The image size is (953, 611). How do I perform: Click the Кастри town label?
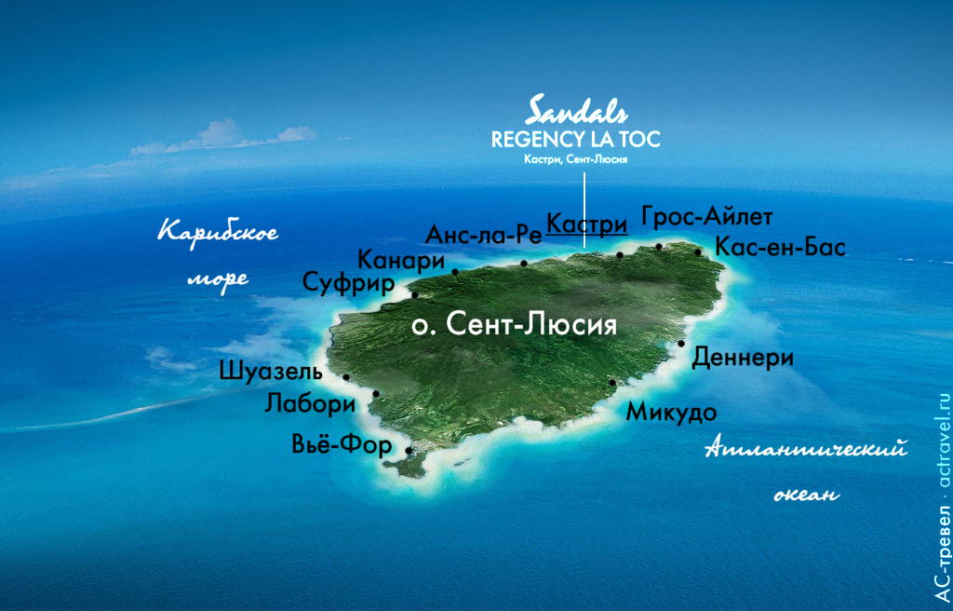pyautogui.click(x=586, y=224)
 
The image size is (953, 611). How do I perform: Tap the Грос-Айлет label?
pyautogui.click(x=707, y=217)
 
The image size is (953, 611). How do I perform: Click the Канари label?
pyautogui.click(x=400, y=261)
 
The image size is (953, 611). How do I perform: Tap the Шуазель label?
pyautogui.click(x=271, y=372)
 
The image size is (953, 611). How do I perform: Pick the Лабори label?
pyautogui.click(x=310, y=405)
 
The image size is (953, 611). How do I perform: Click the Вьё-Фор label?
pyautogui.click(x=342, y=446)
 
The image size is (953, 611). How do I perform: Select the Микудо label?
pyautogui.click(x=670, y=411)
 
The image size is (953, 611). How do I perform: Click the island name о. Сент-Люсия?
pyautogui.click(x=514, y=325)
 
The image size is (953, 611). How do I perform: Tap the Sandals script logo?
pyautogui.click(x=577, y=111)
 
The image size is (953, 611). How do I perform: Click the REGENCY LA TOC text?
pyautogui.click(x=576, y=140)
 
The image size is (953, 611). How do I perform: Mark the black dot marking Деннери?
pyautogui.click(x=681, y=344)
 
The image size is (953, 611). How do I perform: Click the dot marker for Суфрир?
pyautogui.click(x=415, y=295)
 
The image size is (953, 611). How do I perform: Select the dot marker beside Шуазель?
pyautogui.click(x=346, y=377)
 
